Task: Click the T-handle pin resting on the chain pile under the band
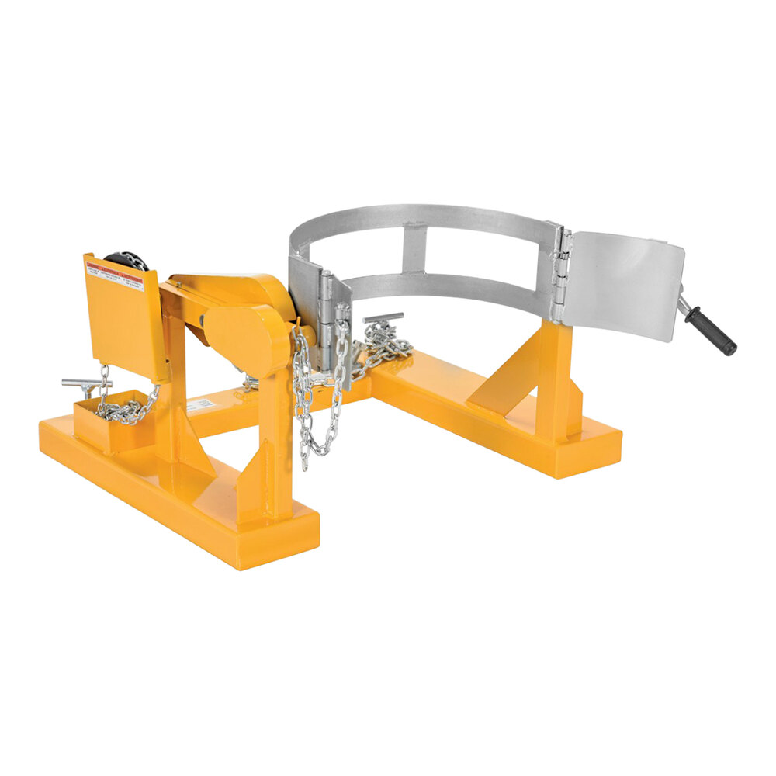click(384, 319)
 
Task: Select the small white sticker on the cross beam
click(199, 404)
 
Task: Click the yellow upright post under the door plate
click(555, 380)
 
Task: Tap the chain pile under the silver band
click(384, 345)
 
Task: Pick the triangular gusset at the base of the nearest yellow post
click(256, 477)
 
